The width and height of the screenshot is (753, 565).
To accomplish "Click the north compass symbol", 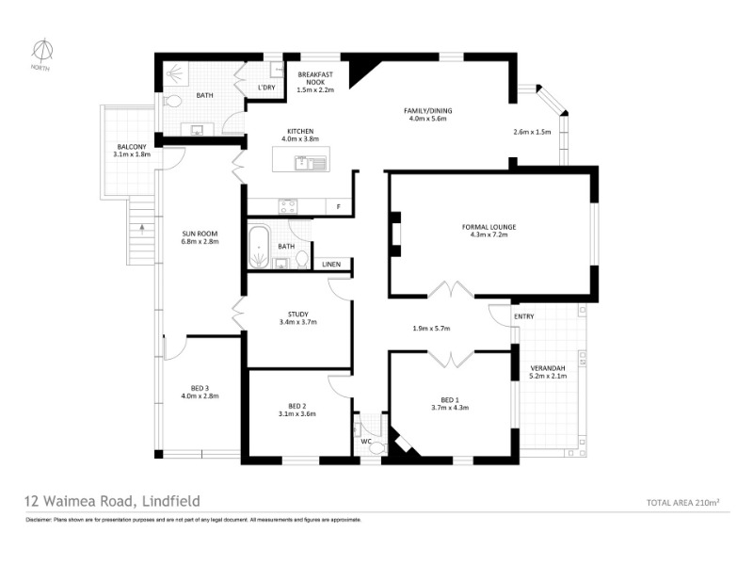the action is [42, 51].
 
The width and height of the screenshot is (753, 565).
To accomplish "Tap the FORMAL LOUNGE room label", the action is [489, 227].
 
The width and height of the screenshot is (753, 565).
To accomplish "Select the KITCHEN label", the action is [300, 131].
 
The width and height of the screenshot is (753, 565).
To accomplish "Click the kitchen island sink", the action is [311, 163].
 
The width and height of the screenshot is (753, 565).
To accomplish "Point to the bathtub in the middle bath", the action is [260, 247].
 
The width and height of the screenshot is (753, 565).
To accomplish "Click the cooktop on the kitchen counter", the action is [288, 206].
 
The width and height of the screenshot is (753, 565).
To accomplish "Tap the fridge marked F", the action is [339, 206].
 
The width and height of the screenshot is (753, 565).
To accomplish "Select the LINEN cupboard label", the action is [331, 265].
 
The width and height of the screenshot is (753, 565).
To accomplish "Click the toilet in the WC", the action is [377, 447].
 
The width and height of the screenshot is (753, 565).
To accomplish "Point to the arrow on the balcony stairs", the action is [141, 228].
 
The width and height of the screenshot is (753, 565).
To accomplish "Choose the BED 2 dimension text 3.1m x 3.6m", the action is [297, 413].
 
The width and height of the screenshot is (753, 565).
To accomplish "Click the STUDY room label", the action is [298, 315].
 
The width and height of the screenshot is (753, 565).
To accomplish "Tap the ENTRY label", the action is [524, 316].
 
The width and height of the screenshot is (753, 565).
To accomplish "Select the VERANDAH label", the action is [548, 368].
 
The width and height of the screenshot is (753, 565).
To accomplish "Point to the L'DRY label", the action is [266, 88].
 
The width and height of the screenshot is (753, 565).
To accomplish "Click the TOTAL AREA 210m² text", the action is [683, 503].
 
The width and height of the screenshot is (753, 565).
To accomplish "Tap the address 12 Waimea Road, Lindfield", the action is [112, 501].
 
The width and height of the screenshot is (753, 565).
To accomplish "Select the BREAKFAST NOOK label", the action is [315, 78].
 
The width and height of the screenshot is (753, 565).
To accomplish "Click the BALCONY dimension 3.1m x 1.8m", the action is [132, 154].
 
